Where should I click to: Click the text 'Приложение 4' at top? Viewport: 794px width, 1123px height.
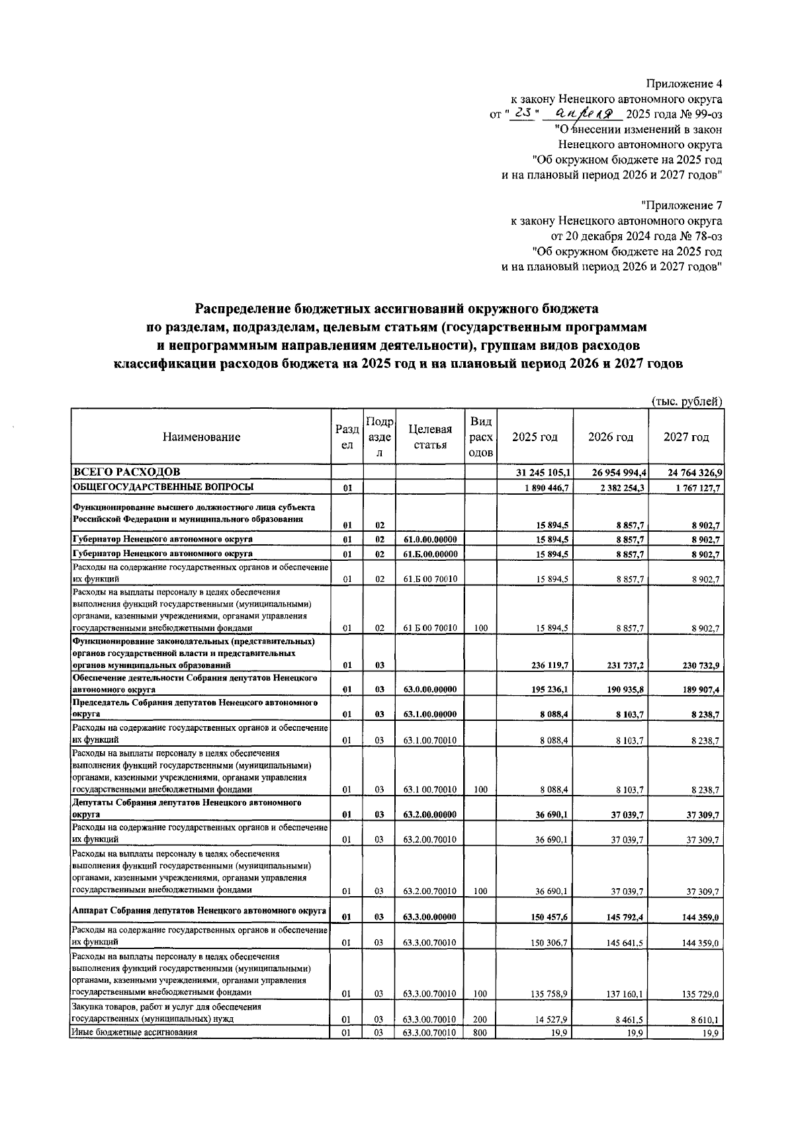point(684,84)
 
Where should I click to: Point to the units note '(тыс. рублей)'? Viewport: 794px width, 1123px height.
point(687,401)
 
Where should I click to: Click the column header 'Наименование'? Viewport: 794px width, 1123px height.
point(201,437)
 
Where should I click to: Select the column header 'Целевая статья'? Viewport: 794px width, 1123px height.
point(431,437)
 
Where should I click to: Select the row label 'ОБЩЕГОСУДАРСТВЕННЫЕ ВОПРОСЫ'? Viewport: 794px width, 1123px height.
point(163,487)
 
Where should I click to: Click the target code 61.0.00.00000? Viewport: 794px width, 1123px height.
point(430,540)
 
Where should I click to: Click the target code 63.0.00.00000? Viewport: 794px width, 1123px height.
point(430,689)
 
